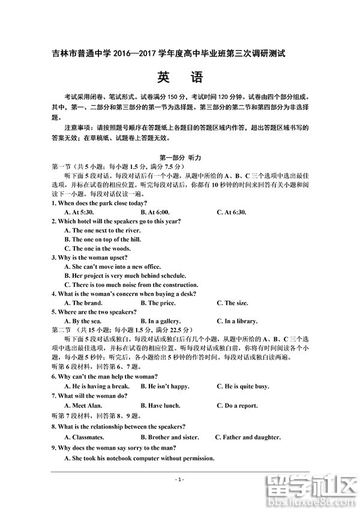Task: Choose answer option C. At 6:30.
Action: click(x=233, y=212)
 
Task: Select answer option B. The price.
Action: click(x=158, y=303)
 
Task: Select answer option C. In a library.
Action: click(x=237, y=321)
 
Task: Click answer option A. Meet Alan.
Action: click(x=83, y=405)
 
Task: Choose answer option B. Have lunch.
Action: click(x=160, y=405)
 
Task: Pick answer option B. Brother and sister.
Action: click(x=169, y=437)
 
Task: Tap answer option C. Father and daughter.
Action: click(x=248, y=437)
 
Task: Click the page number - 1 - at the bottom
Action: click(x=179, y=479)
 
